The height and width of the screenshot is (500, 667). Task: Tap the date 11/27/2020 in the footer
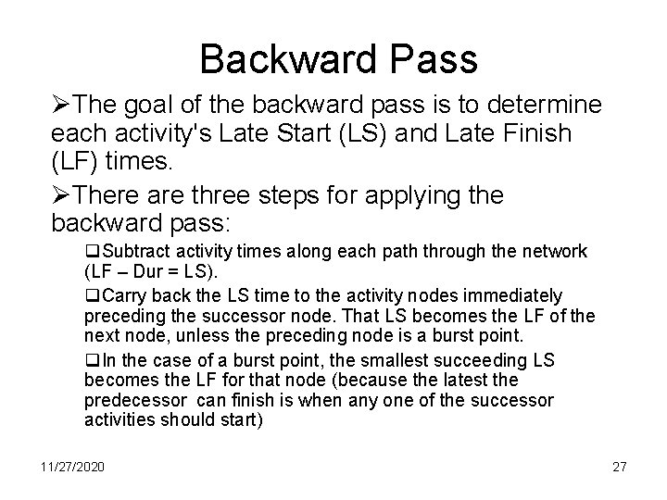[x=72, y=466]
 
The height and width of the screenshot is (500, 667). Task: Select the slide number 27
[x=619, y=466]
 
